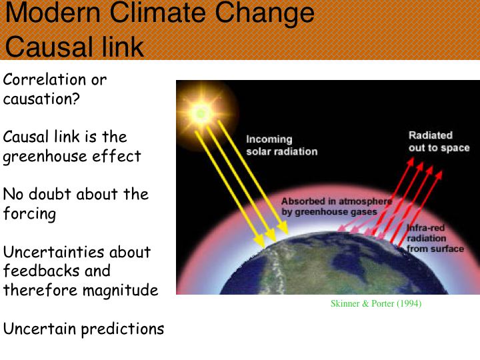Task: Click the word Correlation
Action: coord(45,79)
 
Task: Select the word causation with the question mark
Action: coord(41,99)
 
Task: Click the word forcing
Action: coord(30,213)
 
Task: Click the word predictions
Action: coord(123,330)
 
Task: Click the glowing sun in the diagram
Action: coord(201,113)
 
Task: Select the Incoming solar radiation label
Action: coord(281,145)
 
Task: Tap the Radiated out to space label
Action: coord(439,141)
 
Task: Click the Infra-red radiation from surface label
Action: coord(435,238)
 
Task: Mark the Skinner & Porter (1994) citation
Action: coord(376,303)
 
